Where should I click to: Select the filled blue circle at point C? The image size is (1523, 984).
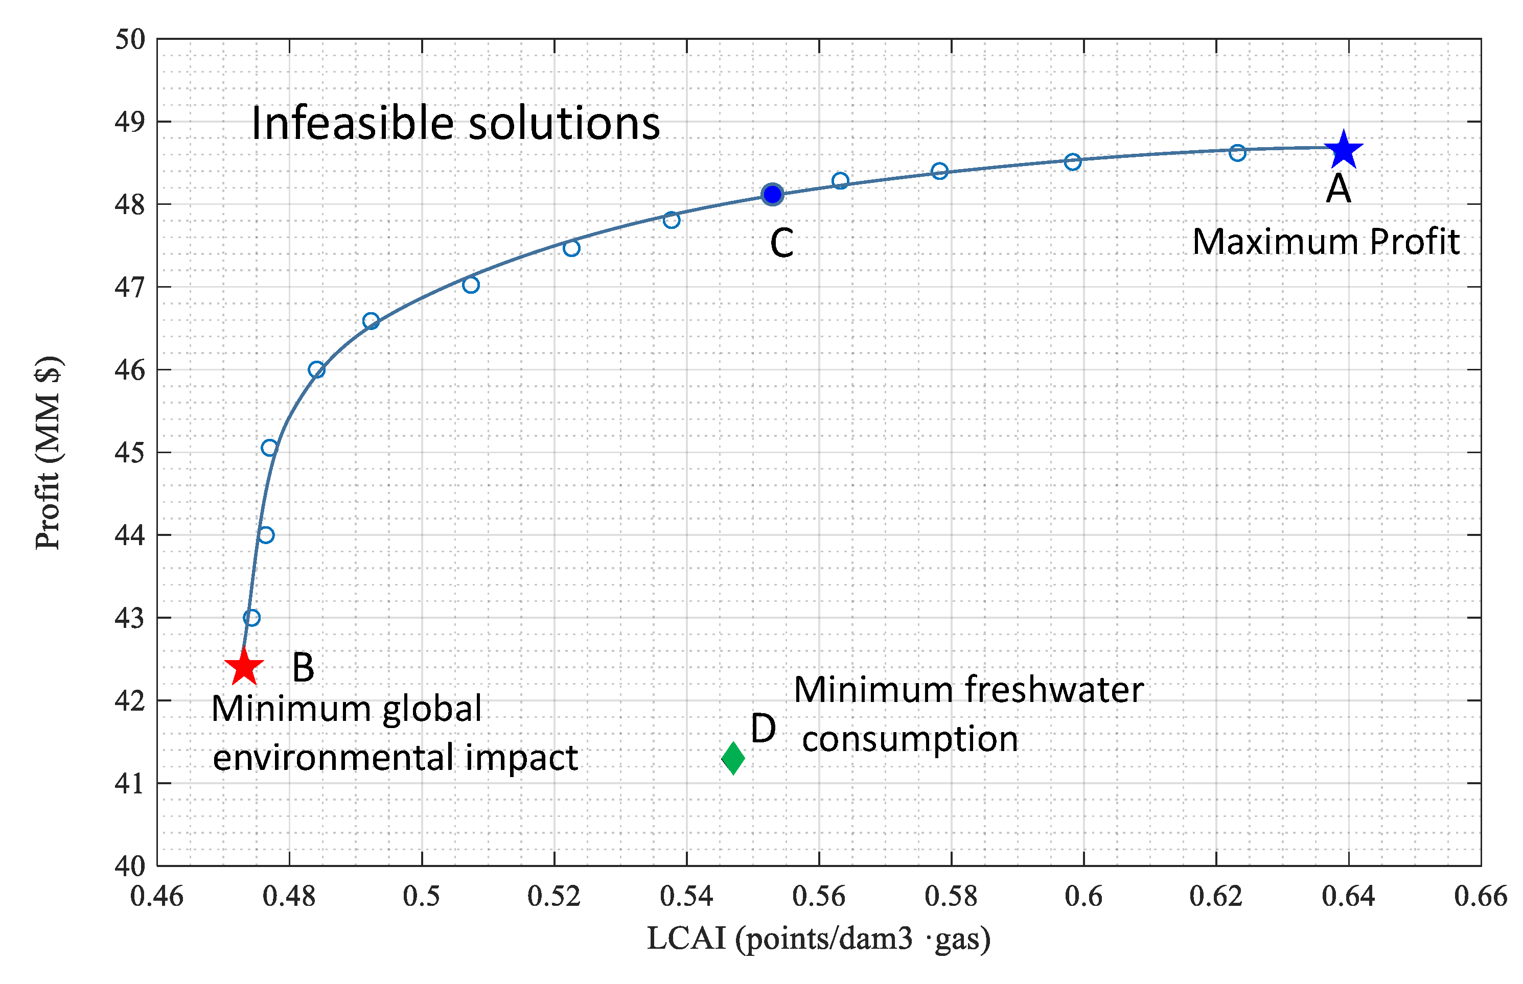tap(772, 194)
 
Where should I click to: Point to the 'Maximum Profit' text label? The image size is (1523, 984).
tap(1326, 242)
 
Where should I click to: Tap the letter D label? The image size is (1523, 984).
tap(763, 729)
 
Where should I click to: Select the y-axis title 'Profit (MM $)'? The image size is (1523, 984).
tap(49, 452)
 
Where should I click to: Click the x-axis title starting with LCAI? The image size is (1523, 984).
tap(818, 939)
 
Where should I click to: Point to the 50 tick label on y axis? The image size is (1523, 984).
tap(130, 40)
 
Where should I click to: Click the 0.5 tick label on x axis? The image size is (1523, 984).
tap(421, 897)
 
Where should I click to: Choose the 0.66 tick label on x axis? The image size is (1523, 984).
tap(1480, 897)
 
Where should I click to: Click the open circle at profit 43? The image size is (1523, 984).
tap(252, 618)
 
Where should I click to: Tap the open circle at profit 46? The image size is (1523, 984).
tap(316, 370)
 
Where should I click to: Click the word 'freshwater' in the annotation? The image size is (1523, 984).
tap(1054, 691)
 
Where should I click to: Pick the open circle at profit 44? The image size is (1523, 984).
tap(266, 535)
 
